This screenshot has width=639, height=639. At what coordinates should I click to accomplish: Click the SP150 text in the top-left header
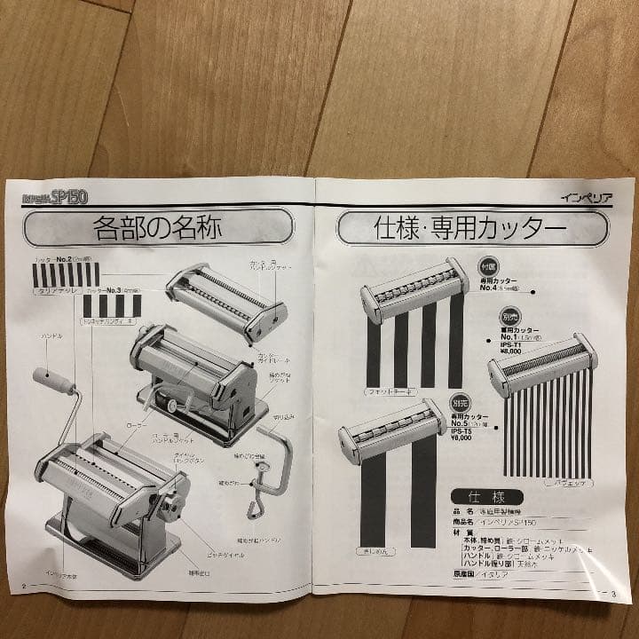(67, 197)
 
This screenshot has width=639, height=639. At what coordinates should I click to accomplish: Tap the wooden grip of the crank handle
(53, 382)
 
